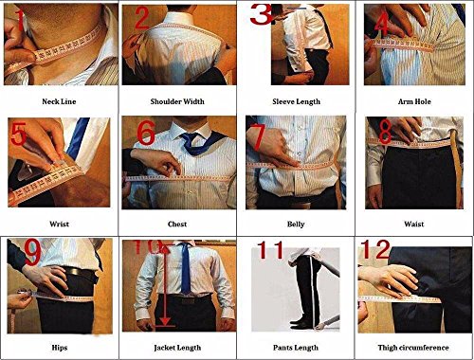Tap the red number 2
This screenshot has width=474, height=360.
pos(141,18)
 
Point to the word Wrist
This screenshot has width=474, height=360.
pos(59,225)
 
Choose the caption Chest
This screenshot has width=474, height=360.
pos(178,225)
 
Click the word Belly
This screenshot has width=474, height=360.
pos(297,225)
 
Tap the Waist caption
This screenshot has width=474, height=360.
pos(414,225)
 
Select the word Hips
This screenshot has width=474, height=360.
pos(59,347)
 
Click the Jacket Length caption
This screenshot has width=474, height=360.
pos(177,347)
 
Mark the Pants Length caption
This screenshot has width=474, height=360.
pos(297,347)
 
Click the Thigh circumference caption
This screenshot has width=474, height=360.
pos(414,347)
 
